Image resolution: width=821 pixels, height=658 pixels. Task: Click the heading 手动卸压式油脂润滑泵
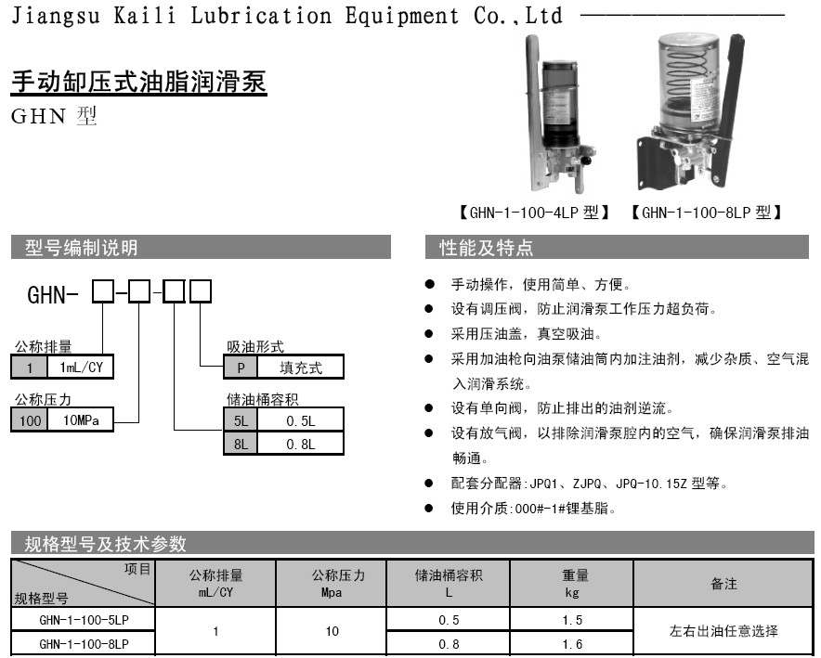coord(138,82)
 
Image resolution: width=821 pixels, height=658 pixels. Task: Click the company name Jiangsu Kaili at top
coord(94,15)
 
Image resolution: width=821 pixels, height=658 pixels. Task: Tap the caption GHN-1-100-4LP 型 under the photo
coord(534,213)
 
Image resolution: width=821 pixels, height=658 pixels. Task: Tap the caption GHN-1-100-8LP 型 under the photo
coord(707,213)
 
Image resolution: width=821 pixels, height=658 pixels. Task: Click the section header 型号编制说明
coord(81,248)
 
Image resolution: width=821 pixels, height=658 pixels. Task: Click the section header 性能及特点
coord(487,248)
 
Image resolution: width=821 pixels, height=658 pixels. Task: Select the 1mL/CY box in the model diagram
coord(81,368)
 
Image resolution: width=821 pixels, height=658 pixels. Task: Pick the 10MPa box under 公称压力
coord(81,420)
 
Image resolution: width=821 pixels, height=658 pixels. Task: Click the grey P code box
coord(241,368)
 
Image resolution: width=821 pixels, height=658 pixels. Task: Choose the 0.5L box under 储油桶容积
coord(301,420)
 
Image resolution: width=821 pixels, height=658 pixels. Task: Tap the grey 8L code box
coord(241,444)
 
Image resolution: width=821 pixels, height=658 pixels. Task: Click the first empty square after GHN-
coord(103,291)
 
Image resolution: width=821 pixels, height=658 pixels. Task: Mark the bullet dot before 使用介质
coord(429,508)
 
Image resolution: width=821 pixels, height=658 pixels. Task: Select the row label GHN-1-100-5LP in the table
coord(84,620)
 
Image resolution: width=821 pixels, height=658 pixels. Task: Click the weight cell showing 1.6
coord(572,644)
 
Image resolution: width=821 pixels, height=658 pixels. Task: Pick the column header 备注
coord(723,584)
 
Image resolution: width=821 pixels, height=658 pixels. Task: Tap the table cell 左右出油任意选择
coord(723,631)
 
